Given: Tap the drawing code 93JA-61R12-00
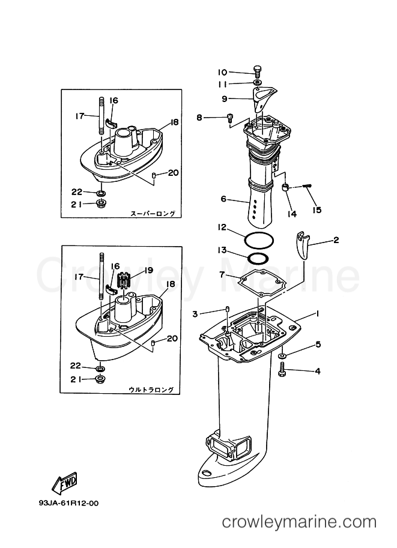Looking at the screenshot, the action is tap(68, 503).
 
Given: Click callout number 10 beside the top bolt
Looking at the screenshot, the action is tap(222, 73).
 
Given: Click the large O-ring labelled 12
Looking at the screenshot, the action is tap(259, 241).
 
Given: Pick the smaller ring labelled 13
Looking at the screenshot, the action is tap(258, 259).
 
